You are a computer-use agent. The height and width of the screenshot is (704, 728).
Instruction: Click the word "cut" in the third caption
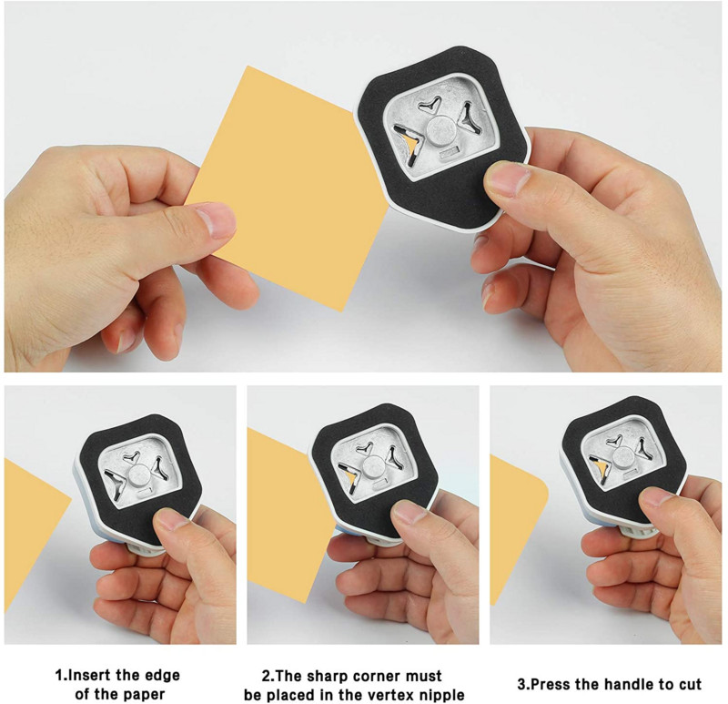(690, 685)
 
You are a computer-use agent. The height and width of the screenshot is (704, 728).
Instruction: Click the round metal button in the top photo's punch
(440, 129)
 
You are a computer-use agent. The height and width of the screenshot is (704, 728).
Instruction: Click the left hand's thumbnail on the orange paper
(215, 220)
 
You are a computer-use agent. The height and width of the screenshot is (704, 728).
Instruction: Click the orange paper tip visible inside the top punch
(409, 146)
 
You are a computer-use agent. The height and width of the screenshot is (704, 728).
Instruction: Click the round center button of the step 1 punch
(138, 475)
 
